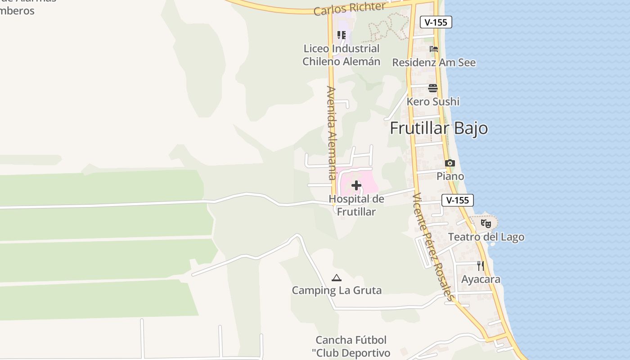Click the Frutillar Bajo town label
[x=439, y=128]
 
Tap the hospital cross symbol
[x=356, y=185]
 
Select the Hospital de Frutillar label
[x=356, y=205]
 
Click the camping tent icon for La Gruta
[x=337, y=278]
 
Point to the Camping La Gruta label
[x=337, y=290]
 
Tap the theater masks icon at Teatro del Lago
[x=486, y=223]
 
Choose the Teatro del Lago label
[x=486, y=237]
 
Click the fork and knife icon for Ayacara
[x=481, y=265]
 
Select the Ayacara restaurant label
[x=481, y=279]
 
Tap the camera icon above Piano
[x=450, y=163]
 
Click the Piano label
[x=450, y=176]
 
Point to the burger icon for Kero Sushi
[x=433, y=88]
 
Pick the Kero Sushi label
[x=433, y=102]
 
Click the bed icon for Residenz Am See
[x=434, y=49]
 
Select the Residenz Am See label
[x=434, y=63]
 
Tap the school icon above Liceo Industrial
[x=342, y=35]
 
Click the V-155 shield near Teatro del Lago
[x=458, y=200]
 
